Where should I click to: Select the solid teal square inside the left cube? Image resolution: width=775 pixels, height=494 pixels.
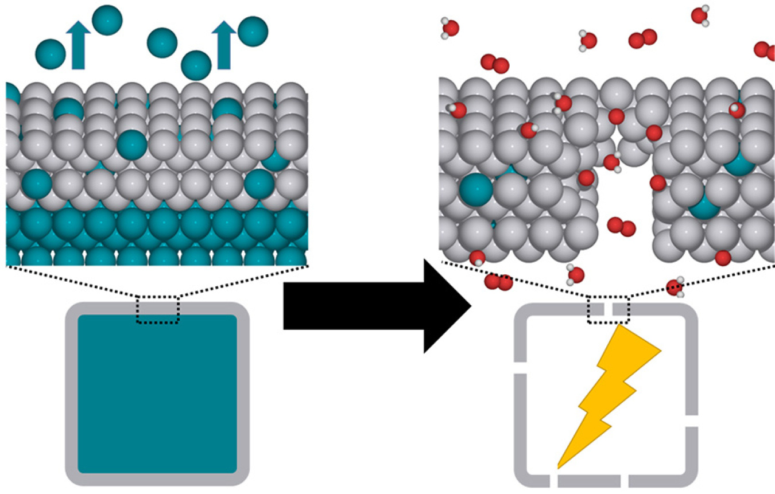(x=157, y=394)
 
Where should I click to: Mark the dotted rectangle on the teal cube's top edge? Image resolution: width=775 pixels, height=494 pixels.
(x=157, y=310)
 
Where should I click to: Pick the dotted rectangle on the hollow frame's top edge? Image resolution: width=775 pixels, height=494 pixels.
(x=608, y=310)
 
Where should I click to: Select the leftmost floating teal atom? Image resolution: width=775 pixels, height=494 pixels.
(x=51, y=54)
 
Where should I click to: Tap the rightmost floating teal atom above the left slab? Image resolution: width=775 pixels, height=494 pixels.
(x=253, y=32)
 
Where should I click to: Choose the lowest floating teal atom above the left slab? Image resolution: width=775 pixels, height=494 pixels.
(x=196, y=65)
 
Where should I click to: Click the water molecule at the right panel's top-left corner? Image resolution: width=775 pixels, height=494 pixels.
(x=449, y=28)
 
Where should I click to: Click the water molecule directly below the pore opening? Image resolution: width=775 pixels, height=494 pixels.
(x=575, y=274)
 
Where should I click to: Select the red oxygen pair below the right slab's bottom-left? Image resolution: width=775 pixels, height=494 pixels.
(x=498, y=282)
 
